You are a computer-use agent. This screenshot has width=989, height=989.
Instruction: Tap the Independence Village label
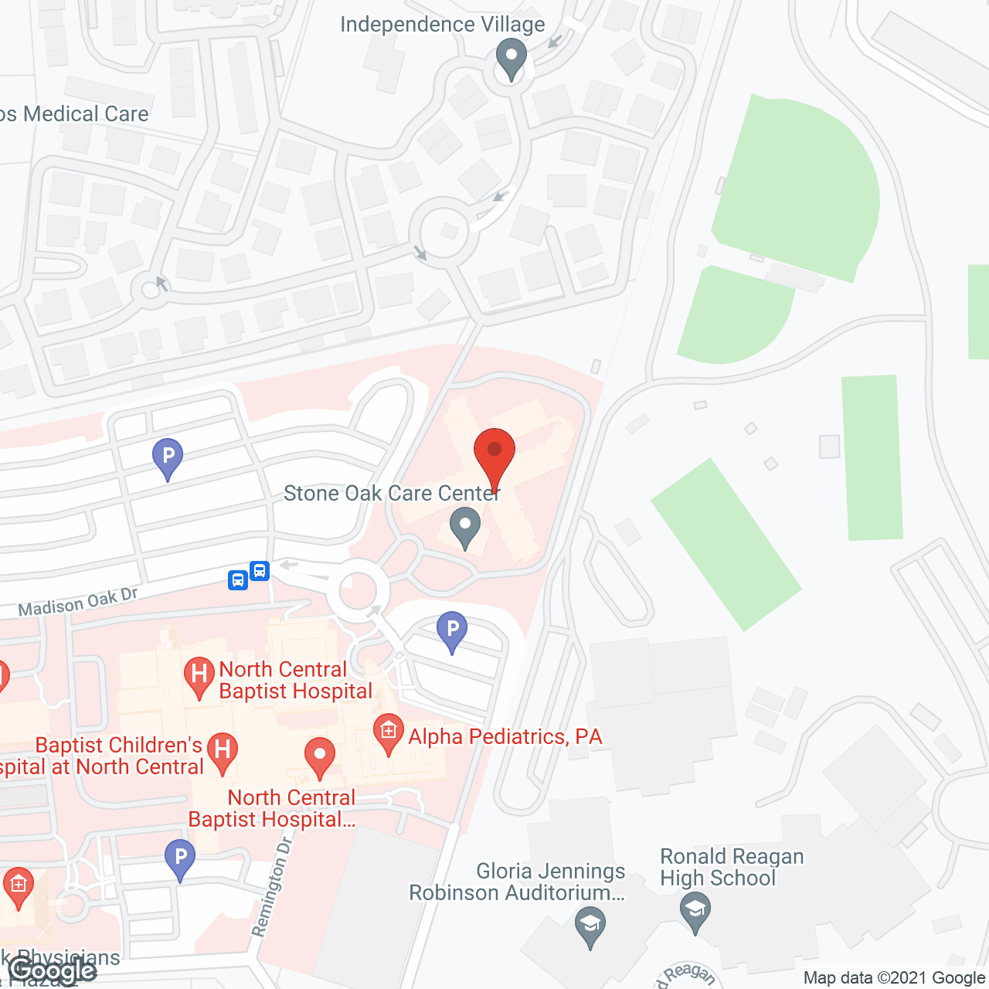(442, 25)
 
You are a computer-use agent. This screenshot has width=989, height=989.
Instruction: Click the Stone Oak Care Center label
(392, 493)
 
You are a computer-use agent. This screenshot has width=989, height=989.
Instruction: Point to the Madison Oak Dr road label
(77, 603)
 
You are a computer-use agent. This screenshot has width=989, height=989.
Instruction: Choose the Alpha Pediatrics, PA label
(505, 736)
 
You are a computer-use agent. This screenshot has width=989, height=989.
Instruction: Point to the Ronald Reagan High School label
(732, 867)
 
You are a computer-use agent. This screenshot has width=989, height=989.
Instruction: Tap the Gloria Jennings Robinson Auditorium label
(517, 882)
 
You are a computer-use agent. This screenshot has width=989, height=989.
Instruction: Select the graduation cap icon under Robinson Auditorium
(590, 925)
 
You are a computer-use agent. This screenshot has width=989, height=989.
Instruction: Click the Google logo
(53, 970)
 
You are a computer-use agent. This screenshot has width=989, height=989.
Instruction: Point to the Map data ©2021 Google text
(895, 978)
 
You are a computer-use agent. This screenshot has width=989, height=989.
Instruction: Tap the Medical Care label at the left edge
(75, 114)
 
